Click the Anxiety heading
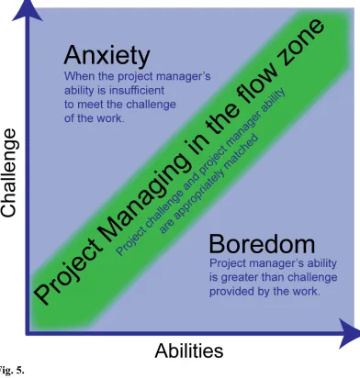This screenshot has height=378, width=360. (107, 56)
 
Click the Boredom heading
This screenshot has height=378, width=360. (262, 244)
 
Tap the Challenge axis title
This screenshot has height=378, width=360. (8, 172)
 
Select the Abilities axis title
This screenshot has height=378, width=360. (189, 350)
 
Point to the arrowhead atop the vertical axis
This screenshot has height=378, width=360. (28, 10)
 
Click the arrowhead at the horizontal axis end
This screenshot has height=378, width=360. (349, 333)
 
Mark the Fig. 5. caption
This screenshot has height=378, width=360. (12, 371)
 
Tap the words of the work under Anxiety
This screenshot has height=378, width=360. (95, 118)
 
